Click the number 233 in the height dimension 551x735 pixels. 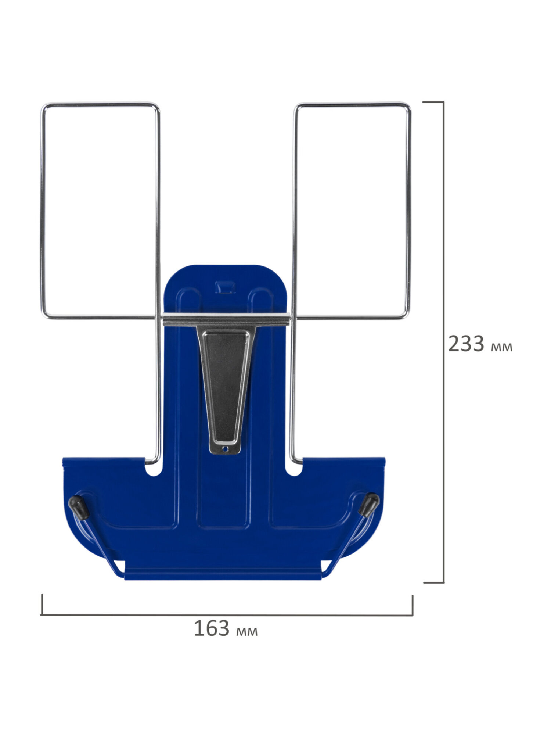(466, 344)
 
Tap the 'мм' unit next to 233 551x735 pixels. (501, 347)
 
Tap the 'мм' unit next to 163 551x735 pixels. (247, 631)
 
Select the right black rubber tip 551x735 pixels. (368, 505)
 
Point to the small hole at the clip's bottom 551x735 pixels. (226, 449)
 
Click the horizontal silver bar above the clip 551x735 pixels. (226, 320)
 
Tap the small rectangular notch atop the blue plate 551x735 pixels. (225, 287)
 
